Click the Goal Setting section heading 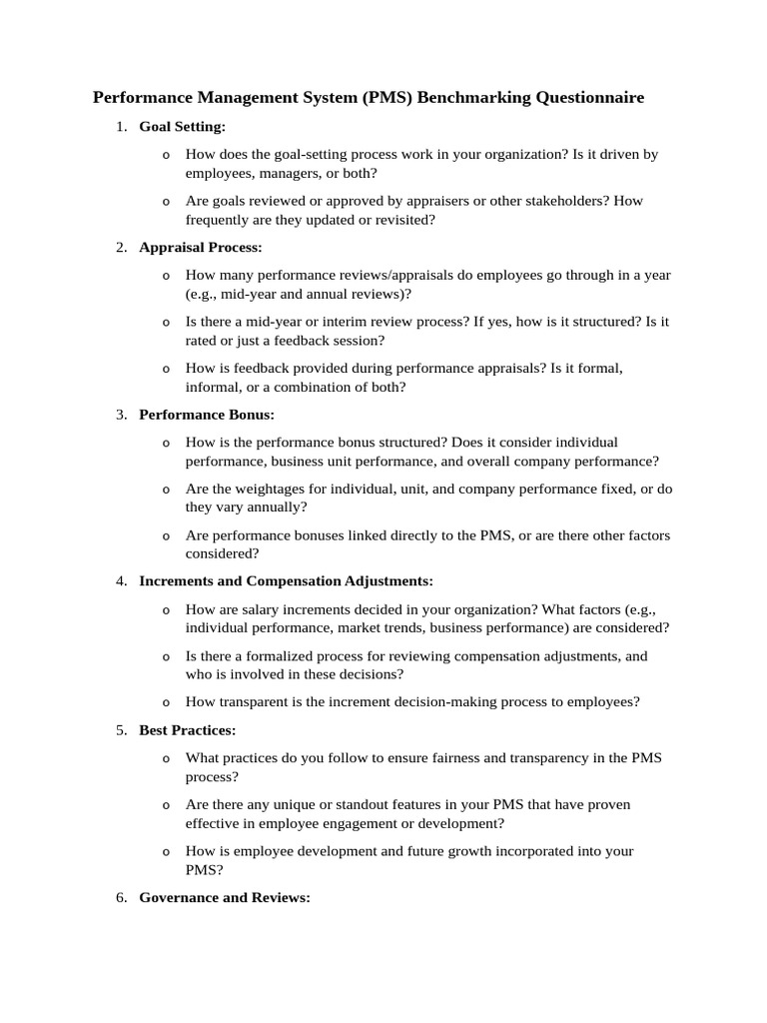click(x=183, y=127)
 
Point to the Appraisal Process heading click(x=201, y=247)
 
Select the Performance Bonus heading click(x=207, y=414)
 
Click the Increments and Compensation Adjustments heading click(x=287, y=580)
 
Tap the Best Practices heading click(x=188, y=730)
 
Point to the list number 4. click(x=121, y=580)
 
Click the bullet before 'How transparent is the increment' click(x=166, y=702)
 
